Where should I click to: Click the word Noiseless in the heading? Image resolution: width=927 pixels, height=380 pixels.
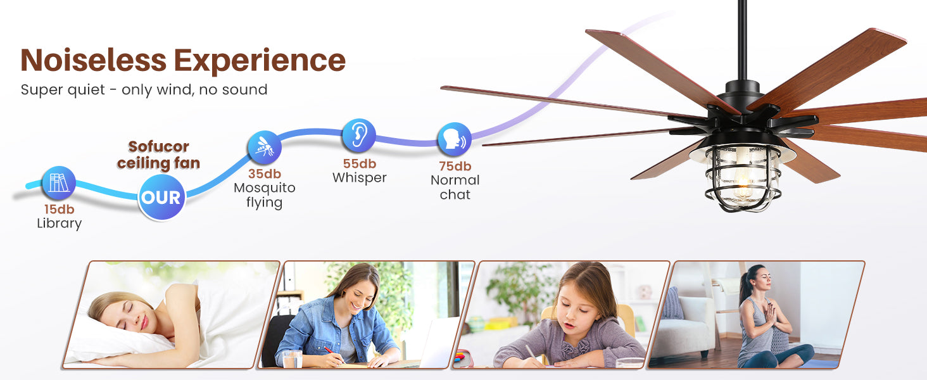pyautogui.click(x=94, y=60)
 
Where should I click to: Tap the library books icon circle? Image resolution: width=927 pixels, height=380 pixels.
pyautogui.click(x=59, y=182)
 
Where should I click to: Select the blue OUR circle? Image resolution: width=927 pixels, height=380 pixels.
pyautogui.click(x=161, y=197)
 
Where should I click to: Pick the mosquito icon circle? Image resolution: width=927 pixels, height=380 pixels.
pyautogui.click(x=265, y=148)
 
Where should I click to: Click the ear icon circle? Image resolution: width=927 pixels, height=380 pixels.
pyautogui.click(x=359, y=136)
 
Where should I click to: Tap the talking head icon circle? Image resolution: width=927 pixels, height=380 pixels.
pyautogui.click(x=455, y=139)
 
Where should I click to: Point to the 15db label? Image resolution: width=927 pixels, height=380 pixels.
pyautogui.click(x=59, y=209)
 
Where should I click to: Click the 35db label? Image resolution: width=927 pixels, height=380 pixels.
pyautogui.click(x=265, y=174)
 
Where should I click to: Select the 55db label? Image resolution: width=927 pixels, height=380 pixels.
pyautogui.click(x=359, y=164)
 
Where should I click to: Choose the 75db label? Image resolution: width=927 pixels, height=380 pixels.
pyautogui.click(x=455, y=167)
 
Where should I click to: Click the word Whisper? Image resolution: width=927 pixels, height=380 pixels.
pyautogui.click(x=359, y=178)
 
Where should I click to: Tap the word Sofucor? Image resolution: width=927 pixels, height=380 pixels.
pyautogui.click(x=158, y=146)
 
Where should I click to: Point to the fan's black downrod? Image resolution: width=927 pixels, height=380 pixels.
pyautogui.click(x=743, y=41)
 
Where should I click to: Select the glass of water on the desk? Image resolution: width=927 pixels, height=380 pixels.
pyautogui.click(x=293, y=358)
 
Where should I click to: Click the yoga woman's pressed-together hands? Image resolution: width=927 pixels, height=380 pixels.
pyautogui.click(x=769, y=315)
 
